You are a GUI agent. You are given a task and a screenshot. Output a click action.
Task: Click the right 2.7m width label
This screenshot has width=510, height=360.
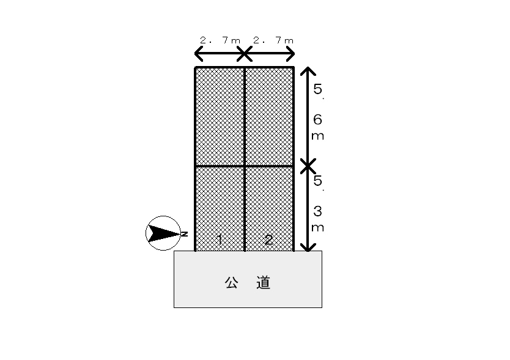pos(273,40)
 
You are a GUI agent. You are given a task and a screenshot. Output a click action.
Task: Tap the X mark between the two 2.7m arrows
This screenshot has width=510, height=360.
pos(244,54)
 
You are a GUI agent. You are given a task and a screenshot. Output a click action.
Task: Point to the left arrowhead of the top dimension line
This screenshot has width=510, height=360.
pos(198,54)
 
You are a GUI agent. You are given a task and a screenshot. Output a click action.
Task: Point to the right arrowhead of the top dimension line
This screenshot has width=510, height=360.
pos(291,54)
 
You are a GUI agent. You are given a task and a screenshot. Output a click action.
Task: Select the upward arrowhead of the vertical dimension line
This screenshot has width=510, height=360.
pos(309,70)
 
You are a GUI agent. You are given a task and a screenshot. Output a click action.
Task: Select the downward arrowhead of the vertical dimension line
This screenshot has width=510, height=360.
pos(309,247)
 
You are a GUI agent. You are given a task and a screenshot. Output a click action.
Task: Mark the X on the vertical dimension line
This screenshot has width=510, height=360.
pos(309,165)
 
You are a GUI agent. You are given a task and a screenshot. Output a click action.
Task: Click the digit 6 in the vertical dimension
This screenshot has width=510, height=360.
pos(317,120)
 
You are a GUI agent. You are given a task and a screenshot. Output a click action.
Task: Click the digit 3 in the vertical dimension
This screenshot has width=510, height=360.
pos(317,211)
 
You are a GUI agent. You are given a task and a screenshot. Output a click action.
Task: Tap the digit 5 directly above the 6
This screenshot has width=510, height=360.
pos(317,89)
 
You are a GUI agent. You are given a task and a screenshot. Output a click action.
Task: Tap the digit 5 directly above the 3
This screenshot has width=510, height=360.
pos(317,181)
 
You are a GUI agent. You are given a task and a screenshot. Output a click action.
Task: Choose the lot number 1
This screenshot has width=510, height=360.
pos(220,239)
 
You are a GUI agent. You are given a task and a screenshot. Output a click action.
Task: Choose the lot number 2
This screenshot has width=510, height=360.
pos(268,240)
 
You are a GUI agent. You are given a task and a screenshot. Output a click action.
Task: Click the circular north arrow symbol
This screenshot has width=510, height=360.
pos(161,233)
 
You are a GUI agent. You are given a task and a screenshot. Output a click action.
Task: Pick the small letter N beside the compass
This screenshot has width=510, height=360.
pos(183,234)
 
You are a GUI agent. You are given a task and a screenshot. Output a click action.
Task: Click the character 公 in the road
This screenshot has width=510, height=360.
pos(231,282)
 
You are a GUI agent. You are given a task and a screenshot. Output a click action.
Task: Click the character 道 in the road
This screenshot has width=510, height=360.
pos(264,282)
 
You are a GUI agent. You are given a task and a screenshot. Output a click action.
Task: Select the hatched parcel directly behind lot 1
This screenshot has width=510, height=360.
pos(220,117)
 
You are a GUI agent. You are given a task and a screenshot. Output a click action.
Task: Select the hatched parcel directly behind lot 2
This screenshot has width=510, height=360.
pos(269,117)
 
